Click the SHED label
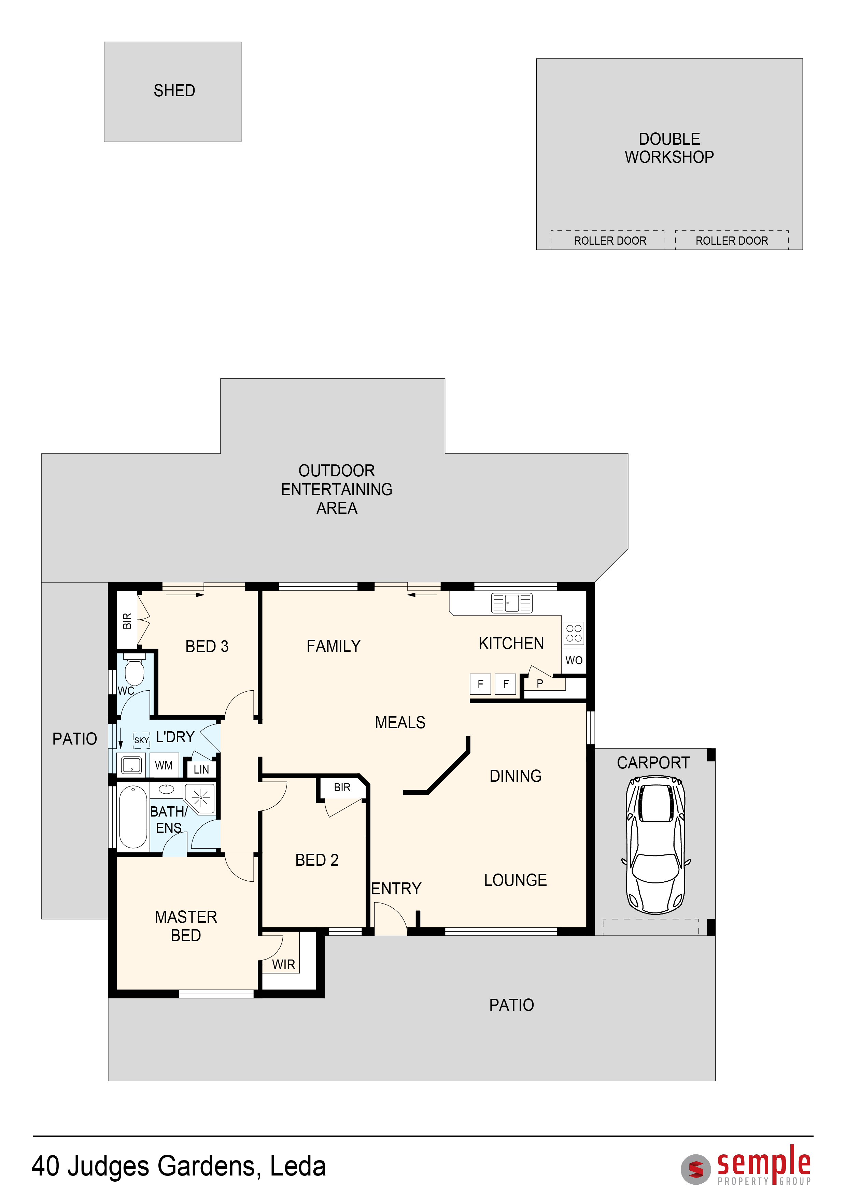pos(174,91)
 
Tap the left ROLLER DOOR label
pos(610,241)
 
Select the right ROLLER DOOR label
pos(732,241)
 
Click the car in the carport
pos(655,845)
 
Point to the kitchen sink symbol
pos(512,603)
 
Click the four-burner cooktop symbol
pos(574,633)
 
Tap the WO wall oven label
pos(574,661)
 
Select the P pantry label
pos(540,683)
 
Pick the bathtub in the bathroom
pos(133,817)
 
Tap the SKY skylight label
pos(141,740)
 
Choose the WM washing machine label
pos(164,765)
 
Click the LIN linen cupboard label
pos(201,769)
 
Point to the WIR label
pos(284,965)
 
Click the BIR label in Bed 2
pos(342,787)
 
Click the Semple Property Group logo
pos(746,1166)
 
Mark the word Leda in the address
pos(298,1167)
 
